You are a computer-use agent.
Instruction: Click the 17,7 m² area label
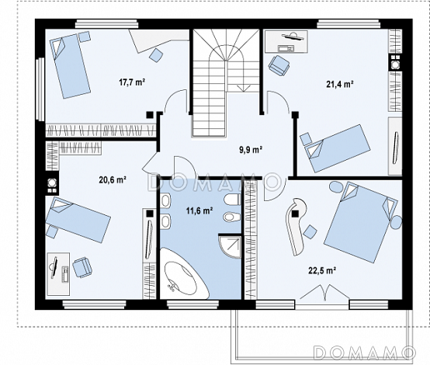coord(132,82)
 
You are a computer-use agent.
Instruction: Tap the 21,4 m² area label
coord(339,84)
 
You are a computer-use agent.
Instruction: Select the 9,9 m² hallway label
coord(251,150)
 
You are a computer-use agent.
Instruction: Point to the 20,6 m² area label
coord(113,180)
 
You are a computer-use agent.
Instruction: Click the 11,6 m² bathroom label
coord(199,210)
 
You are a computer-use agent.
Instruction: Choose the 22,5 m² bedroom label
coord(323,270)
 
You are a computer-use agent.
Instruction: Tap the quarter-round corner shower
coord(230,245)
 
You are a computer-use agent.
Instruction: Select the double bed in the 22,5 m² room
coord(361,222)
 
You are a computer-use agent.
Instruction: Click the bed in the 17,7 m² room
coord(70,66)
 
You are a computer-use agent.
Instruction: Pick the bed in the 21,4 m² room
coord(336,148)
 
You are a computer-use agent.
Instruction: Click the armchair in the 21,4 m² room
coord(279,65)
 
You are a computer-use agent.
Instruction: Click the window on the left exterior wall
coord(40,89)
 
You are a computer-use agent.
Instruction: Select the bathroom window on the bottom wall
coord(193,304)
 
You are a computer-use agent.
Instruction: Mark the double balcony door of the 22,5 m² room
coord(324,293)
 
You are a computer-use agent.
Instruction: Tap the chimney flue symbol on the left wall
coord(52,185)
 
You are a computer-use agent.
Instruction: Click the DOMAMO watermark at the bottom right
coord(364,353)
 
